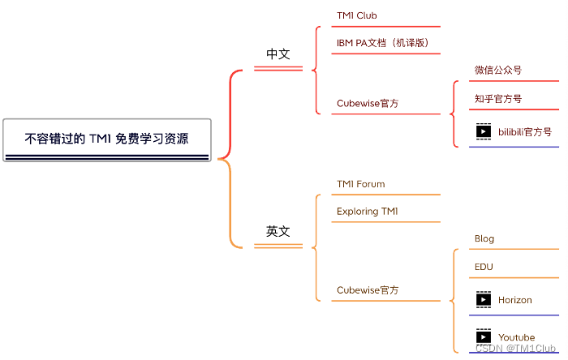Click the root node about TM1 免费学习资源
coord(107,139)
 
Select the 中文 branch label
coord(278,54)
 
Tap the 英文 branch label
coord(278,231)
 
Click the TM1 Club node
coord(357,15)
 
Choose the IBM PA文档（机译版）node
coord(382,42)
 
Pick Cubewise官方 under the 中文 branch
coord(368,103)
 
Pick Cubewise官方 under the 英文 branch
coord(368,289)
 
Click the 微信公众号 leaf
coord(498,70)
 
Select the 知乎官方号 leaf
coord(498,99)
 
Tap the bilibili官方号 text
coord(525,131)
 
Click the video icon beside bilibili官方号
coord(484,131)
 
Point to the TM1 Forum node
coord(361,184)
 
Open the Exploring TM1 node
coord(368,212)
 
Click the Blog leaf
coord(484,239)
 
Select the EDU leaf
coord(484,267)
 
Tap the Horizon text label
coord(515,300)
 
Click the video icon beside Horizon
coord(484,300)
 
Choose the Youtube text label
coord(517,337)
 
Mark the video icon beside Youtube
coord(484,337)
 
